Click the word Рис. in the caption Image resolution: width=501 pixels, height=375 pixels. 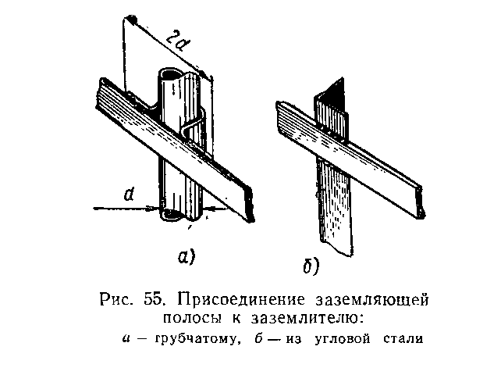tap(117, 299)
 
